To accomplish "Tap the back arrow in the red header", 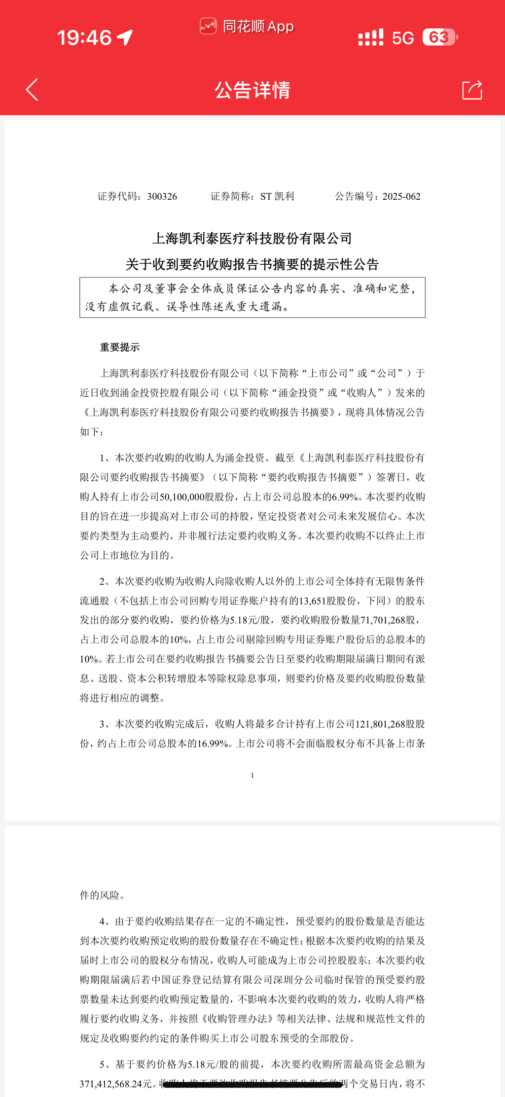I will tap(32, 90).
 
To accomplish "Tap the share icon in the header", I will tap(472, 90).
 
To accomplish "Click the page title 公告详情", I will tap(252, 90).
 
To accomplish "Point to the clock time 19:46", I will tap(84, 37).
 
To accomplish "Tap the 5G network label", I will tap(403, 38).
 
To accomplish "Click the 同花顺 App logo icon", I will tap(208, 26).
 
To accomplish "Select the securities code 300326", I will tap(162, 197).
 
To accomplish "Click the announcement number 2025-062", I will tap(401, 197).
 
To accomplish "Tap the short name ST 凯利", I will tap(277, 197).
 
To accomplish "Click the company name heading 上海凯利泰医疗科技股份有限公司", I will tap(252, 239).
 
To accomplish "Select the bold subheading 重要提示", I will tap(120, 348).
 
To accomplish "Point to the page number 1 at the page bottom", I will tap(252, 776).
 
